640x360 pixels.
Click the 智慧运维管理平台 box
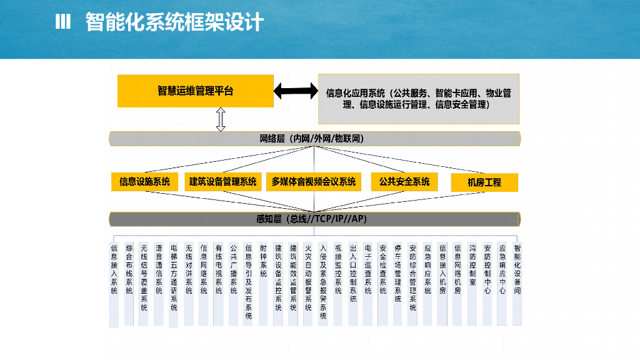click(x=195, y=91)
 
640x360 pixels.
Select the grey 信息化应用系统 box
click(x=418, y=99)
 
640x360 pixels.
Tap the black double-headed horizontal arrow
click(x=296, y=91)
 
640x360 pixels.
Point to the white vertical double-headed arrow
click(x=221, y=119)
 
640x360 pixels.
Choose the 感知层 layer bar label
click(x=311, y=219)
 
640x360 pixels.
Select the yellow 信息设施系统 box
click(x=144, y=182)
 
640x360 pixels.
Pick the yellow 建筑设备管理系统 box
click(x=222, y=182)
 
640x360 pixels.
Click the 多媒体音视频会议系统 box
click(x=314, y=182)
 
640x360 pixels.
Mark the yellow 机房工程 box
click(x=484, y=182)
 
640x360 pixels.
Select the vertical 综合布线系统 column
click(x=129, y=269)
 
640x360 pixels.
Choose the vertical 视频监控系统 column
click(x=337, y=269)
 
